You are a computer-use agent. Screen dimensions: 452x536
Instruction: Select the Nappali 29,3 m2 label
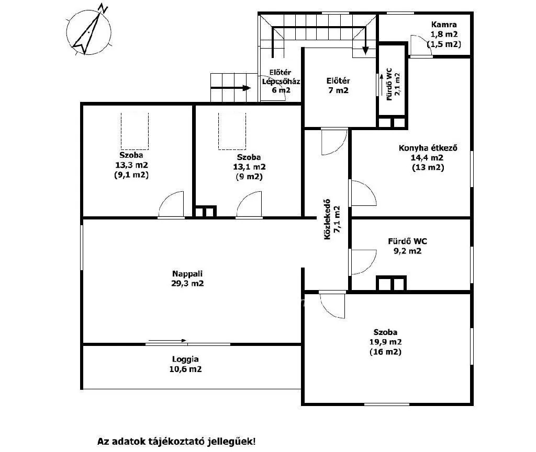click(x=187, y=279)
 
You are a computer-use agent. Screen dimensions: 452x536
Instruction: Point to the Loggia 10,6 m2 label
click(x=187, y=364)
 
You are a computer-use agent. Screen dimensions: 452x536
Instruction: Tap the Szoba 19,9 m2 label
click(x=385, y=342)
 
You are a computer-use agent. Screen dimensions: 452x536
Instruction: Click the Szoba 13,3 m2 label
click(x=131, y=165)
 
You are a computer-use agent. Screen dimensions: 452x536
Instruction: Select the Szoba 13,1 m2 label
click(x=249, y=167)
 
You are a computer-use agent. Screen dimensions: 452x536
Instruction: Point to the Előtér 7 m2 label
click(x=338, y=86)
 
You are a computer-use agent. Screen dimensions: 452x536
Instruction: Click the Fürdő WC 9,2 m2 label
click(x=407, y=246)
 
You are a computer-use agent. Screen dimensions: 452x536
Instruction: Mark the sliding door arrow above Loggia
click(x=166, y=341)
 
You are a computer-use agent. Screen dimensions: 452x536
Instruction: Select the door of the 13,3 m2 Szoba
click(x=172, y=205)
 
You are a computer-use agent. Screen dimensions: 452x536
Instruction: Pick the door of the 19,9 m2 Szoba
click(x=332, y=303)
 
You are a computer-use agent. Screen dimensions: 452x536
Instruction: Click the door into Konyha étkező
click(x=362, y=193)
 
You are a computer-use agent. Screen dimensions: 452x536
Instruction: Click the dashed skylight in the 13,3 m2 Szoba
click(x=135, y=131)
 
